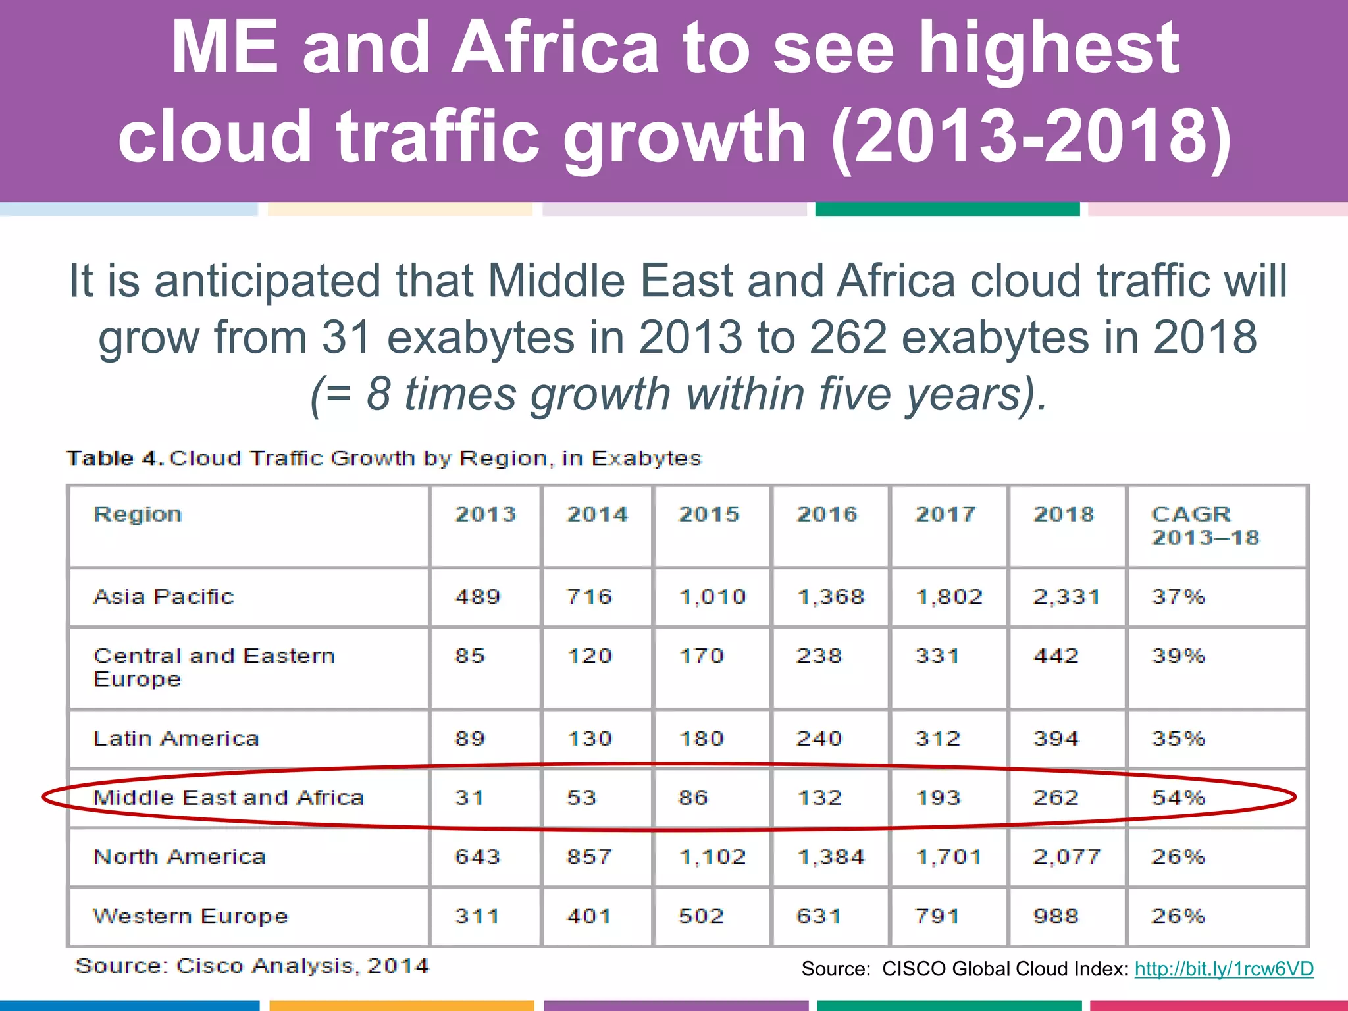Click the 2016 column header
827,514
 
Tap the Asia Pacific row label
163,596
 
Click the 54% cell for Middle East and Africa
1178,798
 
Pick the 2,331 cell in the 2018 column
1066,597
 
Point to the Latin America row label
176,739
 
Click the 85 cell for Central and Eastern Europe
469,656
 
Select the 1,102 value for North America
712,857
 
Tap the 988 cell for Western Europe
1056,916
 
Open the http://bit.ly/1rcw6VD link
1224,969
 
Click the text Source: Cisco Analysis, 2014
251,966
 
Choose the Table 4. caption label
115,458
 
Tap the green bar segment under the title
947,209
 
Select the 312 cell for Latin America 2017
937,739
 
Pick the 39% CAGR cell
1178,656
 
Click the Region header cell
138,514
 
